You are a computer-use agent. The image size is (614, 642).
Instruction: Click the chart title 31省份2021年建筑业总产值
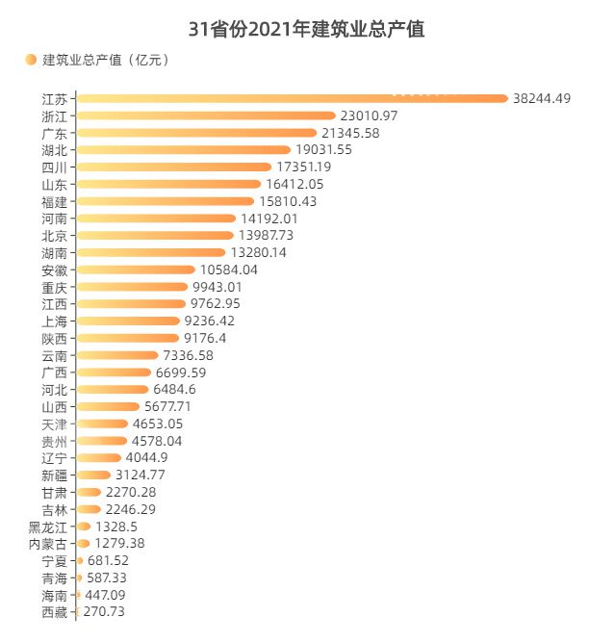(x=306, y=30)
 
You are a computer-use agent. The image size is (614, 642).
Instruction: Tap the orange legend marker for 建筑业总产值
(x=31, y=61)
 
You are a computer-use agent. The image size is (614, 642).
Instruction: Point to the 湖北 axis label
(x=55, y=150)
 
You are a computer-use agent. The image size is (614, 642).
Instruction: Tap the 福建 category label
(x=55, y=202)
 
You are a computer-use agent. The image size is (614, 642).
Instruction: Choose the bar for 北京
(x=154, y=236)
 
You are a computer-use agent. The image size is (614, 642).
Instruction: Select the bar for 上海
(x=128, y=321)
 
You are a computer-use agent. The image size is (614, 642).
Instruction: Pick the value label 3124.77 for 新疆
(x=143, y=475)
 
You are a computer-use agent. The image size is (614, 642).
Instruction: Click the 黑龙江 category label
(x=48, y=526)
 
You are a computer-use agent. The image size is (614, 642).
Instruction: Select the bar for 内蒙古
(x=83, y=544)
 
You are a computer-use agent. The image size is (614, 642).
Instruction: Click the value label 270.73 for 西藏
(x=104, y=612)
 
